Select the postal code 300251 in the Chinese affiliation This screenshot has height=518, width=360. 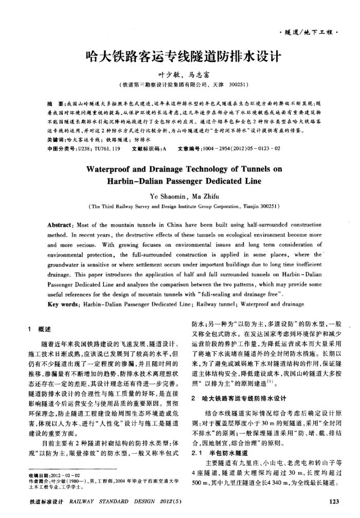coord(239,84)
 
